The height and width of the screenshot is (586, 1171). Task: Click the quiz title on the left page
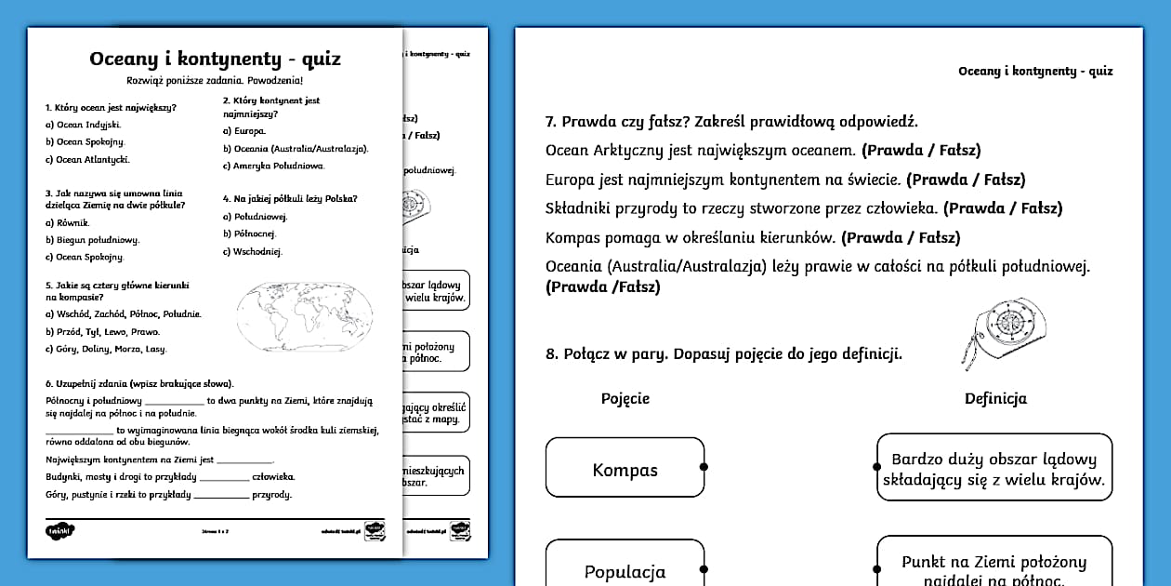tap(215, 60)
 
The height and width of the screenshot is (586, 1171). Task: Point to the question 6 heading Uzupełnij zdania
tap(139, 383)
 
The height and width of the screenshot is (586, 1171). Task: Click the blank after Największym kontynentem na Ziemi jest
tap(245, 459)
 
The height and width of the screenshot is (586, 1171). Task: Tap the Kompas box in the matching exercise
tap(625, 470)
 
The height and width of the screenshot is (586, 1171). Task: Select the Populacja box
tap(625, 571)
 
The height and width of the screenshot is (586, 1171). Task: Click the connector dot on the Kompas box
tap(704, 467)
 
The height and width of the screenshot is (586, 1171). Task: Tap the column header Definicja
tap(995, 398)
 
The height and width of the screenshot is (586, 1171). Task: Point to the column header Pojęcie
tap(625, 398)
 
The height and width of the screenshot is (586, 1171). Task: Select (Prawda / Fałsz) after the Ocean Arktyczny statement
tap(921, 150)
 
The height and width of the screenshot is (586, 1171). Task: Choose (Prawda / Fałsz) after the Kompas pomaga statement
tap(901, 238)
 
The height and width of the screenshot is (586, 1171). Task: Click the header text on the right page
tap(1035, 71)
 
